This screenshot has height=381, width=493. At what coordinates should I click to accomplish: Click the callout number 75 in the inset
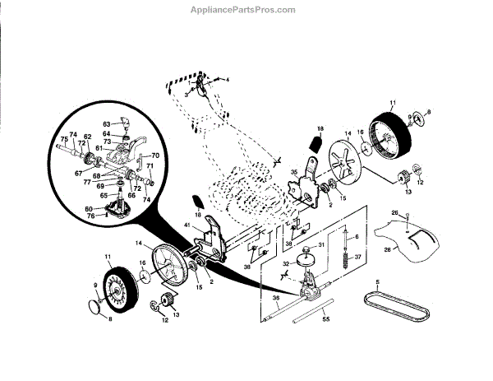click(64, 139)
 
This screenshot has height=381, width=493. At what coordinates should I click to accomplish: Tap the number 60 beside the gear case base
click(89, 210)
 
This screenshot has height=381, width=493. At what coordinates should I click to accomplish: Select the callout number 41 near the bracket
click(187, 225)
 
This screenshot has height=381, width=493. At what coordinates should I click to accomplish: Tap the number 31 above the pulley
click(322, 244)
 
